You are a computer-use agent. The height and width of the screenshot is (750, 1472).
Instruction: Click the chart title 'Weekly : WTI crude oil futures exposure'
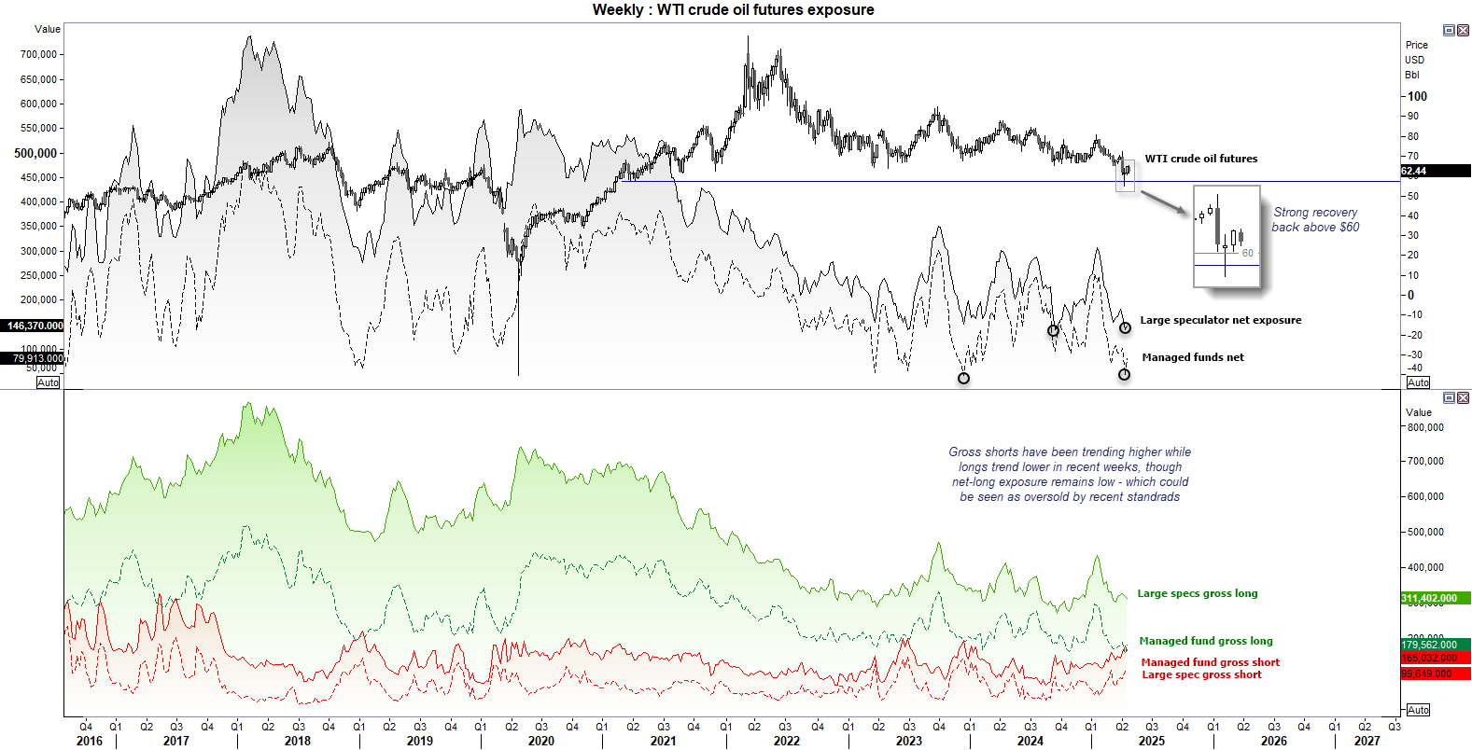733,10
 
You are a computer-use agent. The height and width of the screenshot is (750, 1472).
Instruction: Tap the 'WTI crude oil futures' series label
1200,159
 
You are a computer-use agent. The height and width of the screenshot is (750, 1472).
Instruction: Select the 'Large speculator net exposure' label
1220,320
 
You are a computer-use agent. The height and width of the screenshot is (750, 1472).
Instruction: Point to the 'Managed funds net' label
1192,357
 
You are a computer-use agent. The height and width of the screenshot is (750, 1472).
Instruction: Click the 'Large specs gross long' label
1197,593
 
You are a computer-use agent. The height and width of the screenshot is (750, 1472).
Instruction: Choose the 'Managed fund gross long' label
1205,641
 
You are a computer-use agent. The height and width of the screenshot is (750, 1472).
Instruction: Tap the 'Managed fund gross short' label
1210,662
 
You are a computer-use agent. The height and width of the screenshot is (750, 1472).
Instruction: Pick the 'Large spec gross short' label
1201,674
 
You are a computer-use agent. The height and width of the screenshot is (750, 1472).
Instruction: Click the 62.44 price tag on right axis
1414,171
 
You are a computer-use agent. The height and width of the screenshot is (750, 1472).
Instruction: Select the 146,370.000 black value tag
35,326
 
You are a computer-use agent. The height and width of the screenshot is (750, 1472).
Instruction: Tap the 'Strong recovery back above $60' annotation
1315,219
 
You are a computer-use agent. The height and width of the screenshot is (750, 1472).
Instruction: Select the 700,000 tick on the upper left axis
38,54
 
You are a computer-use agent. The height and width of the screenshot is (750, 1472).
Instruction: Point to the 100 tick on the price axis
1417,96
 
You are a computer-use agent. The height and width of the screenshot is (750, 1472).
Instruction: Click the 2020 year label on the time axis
540,741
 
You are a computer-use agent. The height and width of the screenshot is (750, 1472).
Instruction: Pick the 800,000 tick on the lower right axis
1424,427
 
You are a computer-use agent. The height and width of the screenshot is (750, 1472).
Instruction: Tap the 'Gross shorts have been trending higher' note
1070,474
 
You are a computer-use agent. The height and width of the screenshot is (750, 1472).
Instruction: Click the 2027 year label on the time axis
1367,741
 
